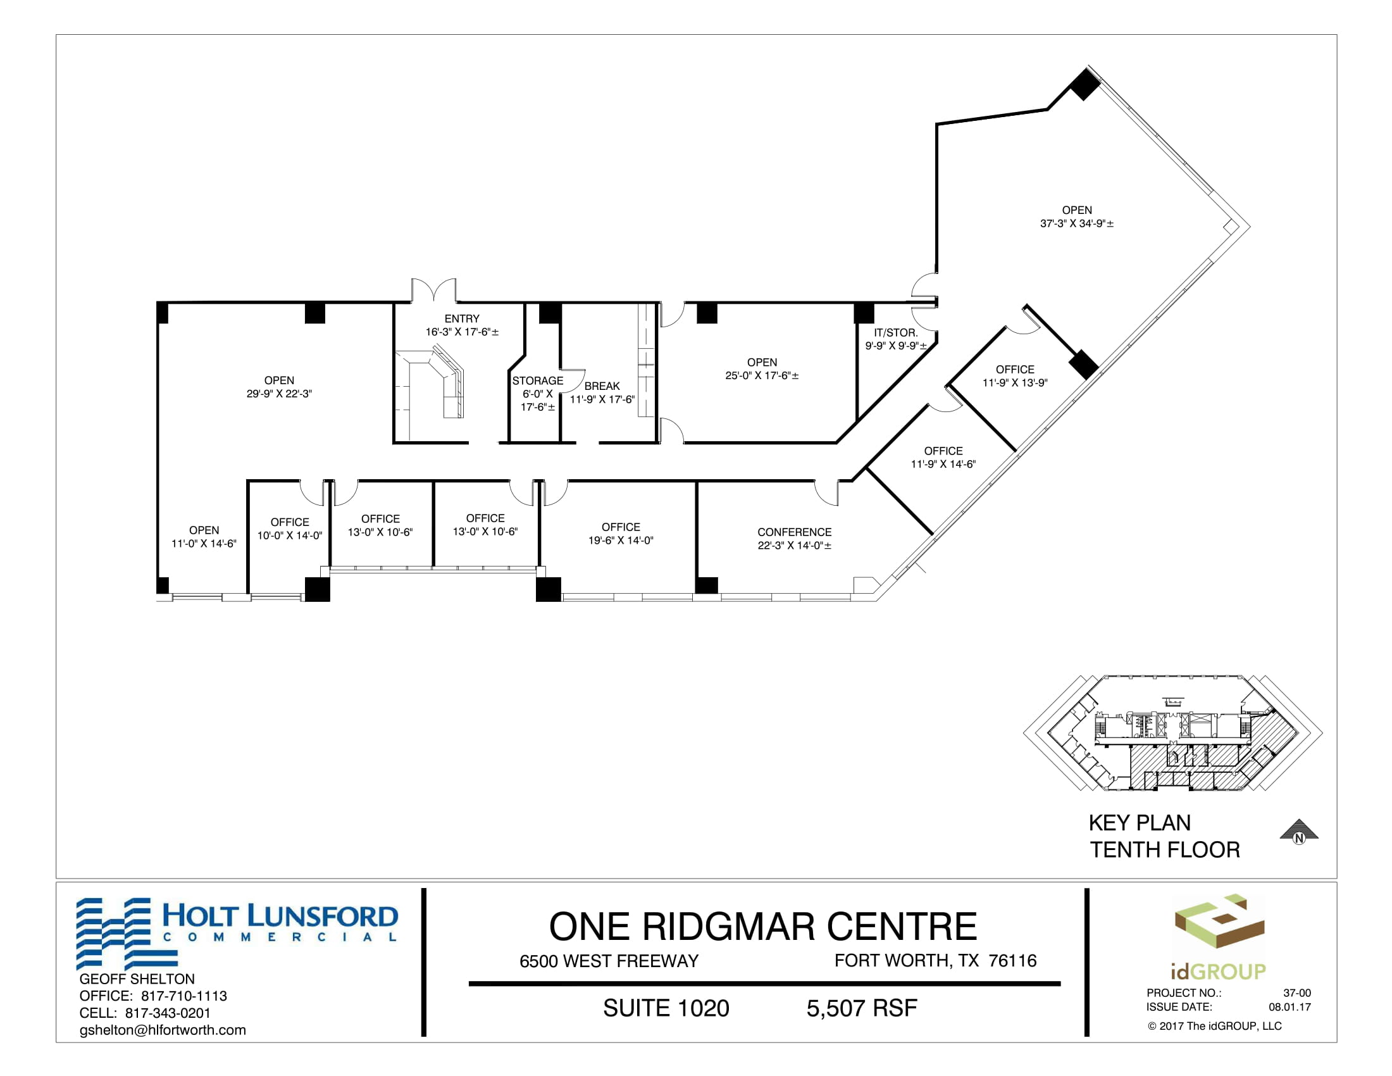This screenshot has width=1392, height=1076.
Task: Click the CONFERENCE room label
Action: (x=794, y=532)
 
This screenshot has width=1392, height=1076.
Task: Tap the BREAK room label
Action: (x=602, y=386)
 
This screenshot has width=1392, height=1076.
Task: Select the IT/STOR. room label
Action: (x=895, y=333)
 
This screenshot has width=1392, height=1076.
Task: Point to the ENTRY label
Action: (x=462, y=319)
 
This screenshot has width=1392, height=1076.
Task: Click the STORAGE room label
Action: (x=537, y=380)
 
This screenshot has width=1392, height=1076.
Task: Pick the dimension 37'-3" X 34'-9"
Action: (x=1076, y=223)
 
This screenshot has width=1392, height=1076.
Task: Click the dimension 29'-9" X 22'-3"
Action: (x=279, y=394)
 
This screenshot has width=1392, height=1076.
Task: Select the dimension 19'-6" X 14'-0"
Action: (x=621, y=541)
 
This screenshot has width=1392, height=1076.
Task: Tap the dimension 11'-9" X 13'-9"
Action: (x=1015, y=383)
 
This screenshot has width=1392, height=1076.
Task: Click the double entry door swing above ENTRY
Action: (x=433, y=289)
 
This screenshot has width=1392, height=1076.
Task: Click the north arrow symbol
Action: (x=1299, y=831)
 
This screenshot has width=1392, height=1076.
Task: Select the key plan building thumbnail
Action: (x=1172, y=732)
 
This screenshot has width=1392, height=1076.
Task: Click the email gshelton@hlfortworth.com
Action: (x=163, y=1030)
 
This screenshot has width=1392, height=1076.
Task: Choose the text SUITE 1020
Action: (x=666, y=1008)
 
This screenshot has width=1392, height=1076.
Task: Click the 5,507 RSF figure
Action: (x=862, y=1008)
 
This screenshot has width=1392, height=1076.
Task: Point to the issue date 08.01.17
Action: (x=1289, y=1007)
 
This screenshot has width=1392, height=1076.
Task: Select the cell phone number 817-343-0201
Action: (x=168, y=1013)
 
